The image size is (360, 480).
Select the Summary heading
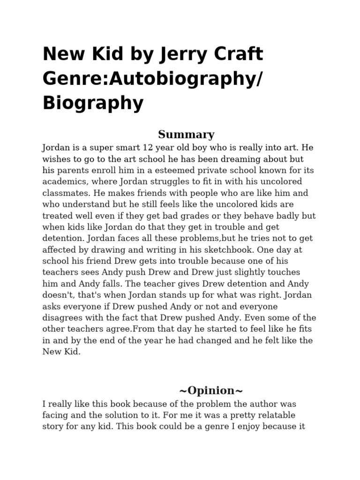click(x=186, y=135)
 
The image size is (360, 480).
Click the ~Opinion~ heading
click(x=210, y=390)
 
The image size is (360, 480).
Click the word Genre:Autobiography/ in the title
click(x=151, y=79)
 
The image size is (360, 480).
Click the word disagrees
click(x=63, y=318)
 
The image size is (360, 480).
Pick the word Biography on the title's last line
click(x=93, y=103)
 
